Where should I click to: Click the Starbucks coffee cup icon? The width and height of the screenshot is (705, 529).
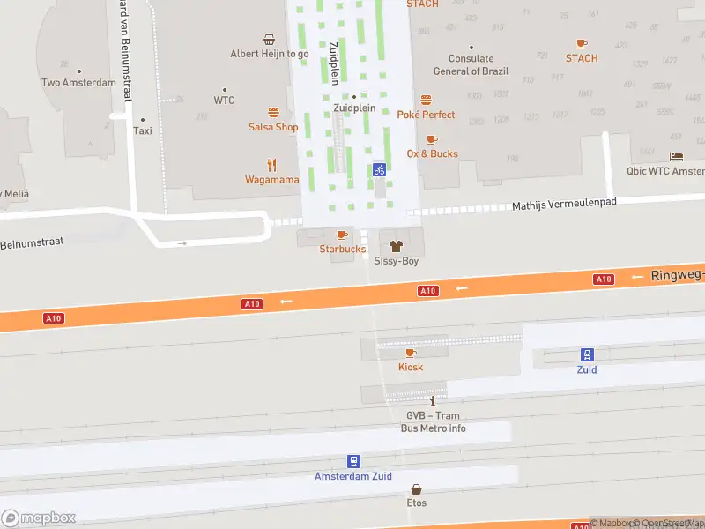click(x=342, y=235)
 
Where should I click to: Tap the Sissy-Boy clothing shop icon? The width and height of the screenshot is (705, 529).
click(x=396, y=247)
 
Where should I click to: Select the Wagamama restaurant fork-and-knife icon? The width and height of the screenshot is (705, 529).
click(x=272, y=164)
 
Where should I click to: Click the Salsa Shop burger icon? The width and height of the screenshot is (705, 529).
click(x=273, y=112)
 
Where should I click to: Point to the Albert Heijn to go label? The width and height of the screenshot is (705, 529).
click(x=270, y=54)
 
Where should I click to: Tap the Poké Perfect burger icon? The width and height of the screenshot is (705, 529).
click(x=426, y=100)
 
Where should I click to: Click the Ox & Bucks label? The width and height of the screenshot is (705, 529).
click(x=432, y=153)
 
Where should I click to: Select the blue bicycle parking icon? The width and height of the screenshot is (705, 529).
click(x=379, y=169)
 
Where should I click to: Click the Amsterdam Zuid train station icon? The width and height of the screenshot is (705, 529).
click(x=353, y=461)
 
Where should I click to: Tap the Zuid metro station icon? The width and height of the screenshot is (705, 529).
click(x=587, y=354)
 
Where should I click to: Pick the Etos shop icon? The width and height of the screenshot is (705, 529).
click(x=416, y=489)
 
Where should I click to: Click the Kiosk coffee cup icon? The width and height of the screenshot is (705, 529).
click(x=411, y=353)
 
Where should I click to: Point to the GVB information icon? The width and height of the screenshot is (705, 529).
click(x=432, y=401)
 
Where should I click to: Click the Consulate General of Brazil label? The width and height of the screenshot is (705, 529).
click(x=470, y=65)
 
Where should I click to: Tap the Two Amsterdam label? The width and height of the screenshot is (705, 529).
click(x=78, y=83)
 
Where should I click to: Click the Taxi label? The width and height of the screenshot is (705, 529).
click(x=142, y=130)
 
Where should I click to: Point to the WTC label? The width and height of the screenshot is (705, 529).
click(x=224, y=101)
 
